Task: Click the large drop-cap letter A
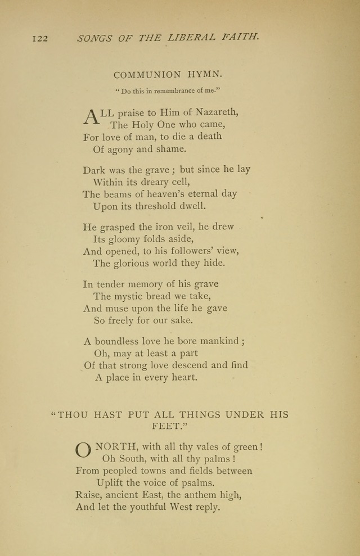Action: (x=90, y=116)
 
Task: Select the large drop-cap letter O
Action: (x=83, y=451)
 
